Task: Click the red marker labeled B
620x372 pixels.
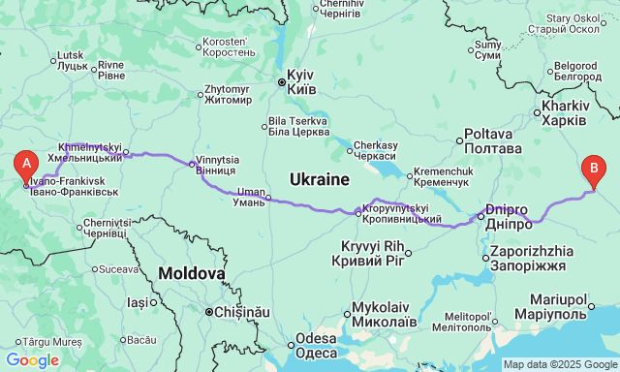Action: pyautogui.click(x=594, y=171)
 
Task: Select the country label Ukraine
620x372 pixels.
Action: pyautogui.click(x=319, y=179)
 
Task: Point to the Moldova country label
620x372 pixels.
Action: pyautogui.click(x=192, y=273)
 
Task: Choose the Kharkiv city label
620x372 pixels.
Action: pyautogui.click(x=564, y=112)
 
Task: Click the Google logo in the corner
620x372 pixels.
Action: pyautogui.click(x=31, y=360)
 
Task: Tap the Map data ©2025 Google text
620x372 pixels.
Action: pyautogui.click(x=559, y=364)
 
